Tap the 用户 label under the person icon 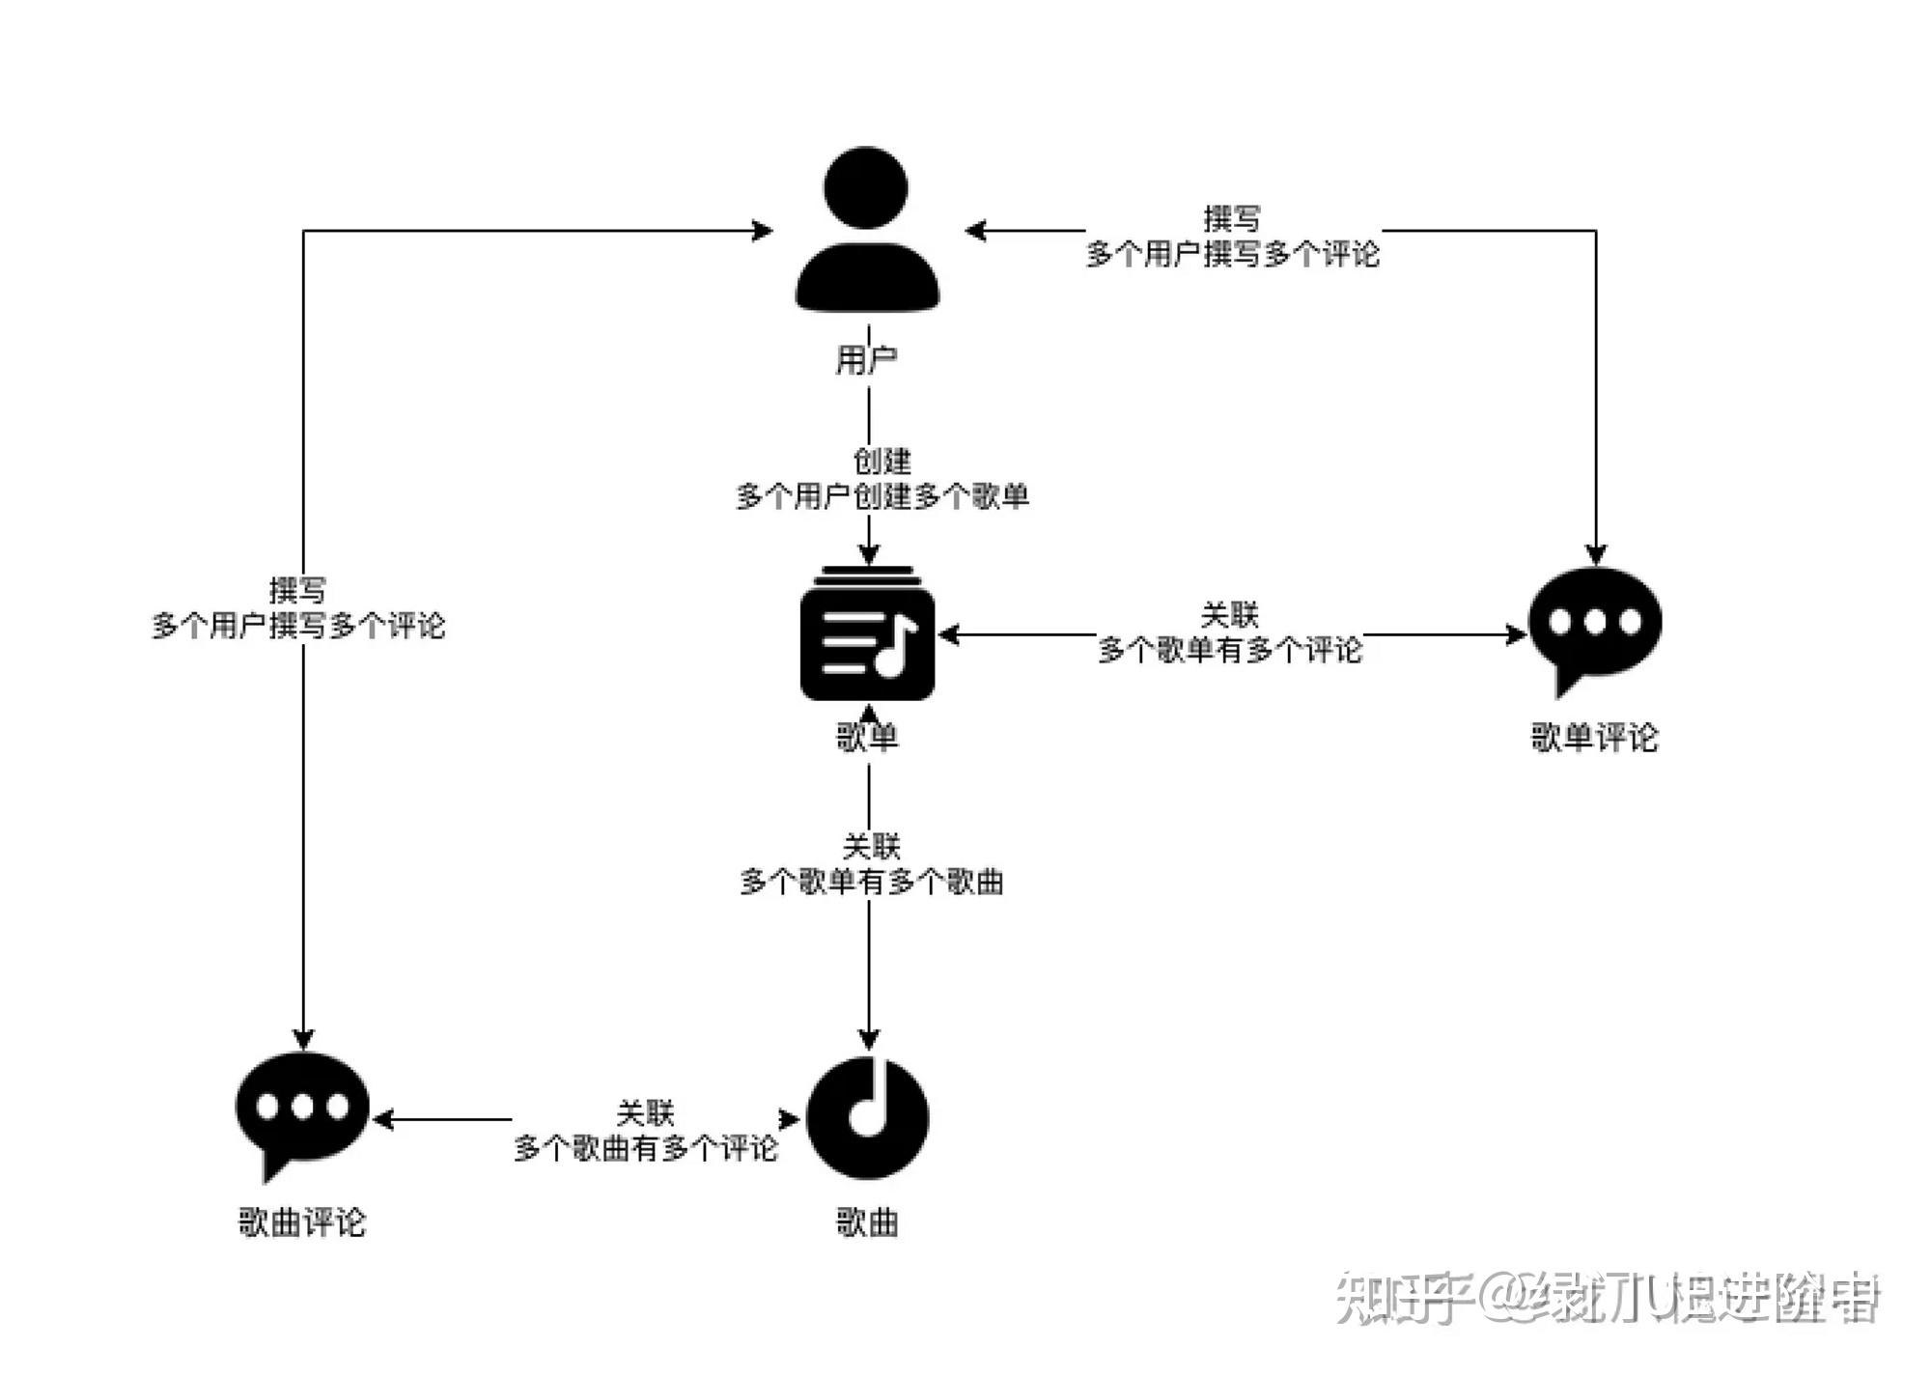point(866,360)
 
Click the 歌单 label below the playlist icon point(867,738)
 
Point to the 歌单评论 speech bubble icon point(1595,626)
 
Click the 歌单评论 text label point(1594,738)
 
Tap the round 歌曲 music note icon point(867,1118)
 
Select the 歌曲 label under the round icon point(867,1222)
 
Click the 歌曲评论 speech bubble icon point(302,1110)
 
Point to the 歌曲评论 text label point(302,1222)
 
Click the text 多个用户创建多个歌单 point(882,496)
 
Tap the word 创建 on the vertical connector point(882,462)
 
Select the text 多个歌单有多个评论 point(1229,650)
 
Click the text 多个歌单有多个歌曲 point(872,882)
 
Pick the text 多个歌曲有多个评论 point(645,1148)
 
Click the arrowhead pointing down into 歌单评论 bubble point(1596,554)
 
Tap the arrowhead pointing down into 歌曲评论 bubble point(303,1040)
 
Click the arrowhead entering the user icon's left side point(763,231)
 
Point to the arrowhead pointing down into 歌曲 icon point(869,1039)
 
